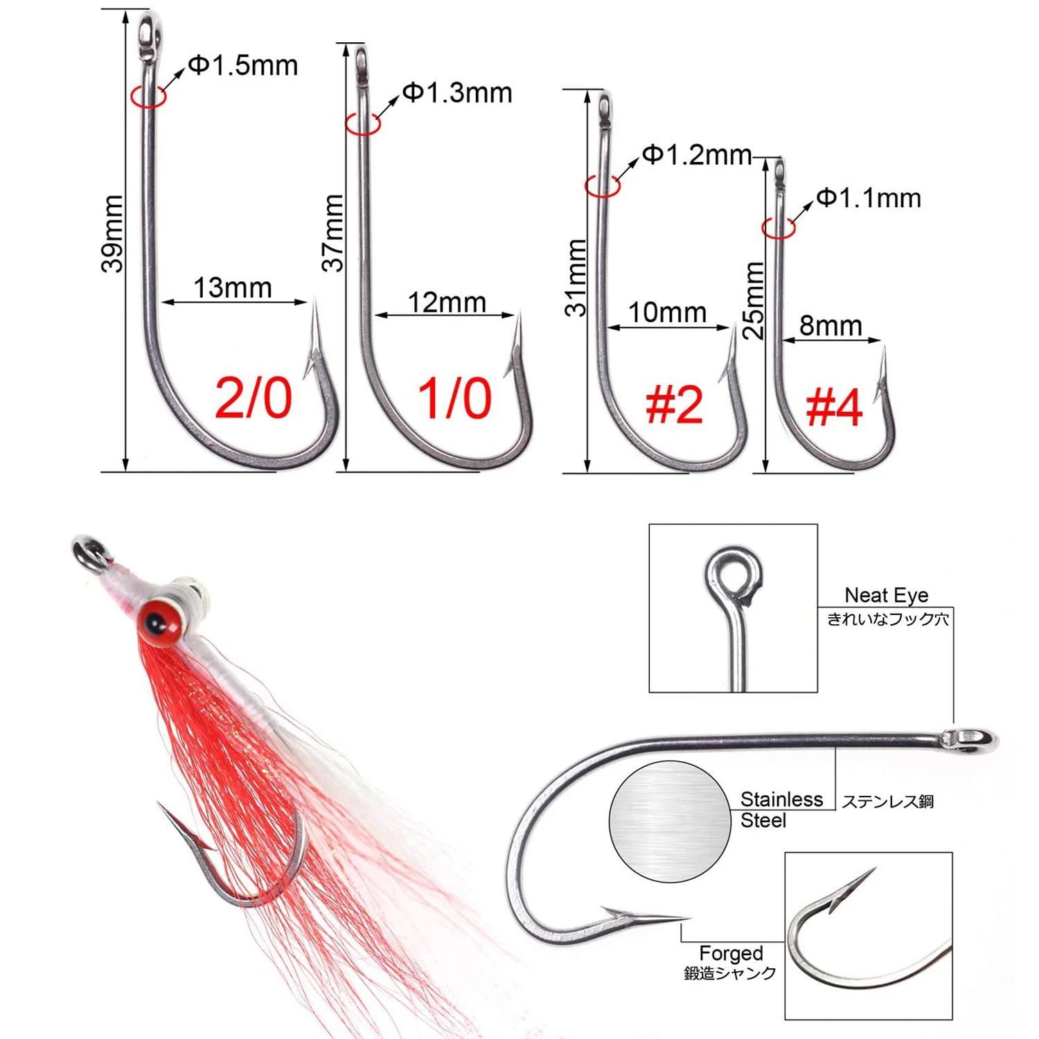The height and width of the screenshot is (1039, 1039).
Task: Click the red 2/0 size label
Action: [254, 398]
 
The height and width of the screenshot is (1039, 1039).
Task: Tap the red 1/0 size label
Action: [454, 399]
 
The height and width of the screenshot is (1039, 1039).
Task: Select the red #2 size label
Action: [674, 405]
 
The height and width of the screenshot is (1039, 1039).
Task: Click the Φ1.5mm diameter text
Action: [243, 66]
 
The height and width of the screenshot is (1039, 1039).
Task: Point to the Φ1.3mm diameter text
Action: [457, 93]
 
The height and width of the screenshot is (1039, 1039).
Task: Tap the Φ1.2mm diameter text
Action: [697, 155]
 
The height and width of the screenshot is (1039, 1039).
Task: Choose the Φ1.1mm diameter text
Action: [869, 199]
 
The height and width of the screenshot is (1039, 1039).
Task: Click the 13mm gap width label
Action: [233, 287]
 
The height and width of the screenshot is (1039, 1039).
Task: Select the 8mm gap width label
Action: [831, 326]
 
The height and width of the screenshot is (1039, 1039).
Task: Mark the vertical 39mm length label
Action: [113, 233]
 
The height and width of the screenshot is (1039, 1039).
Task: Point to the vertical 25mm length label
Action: [754, 300]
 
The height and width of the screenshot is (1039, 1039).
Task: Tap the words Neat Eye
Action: [886, 595]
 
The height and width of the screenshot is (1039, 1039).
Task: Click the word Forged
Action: [731, 953]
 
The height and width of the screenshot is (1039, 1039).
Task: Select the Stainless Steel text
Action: [781, 810]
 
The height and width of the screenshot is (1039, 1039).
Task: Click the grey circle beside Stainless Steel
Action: [670, 821]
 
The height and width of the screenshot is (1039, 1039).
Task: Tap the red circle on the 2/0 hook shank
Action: [148, 96]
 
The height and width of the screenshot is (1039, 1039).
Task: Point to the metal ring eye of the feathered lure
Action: [89, 553]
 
